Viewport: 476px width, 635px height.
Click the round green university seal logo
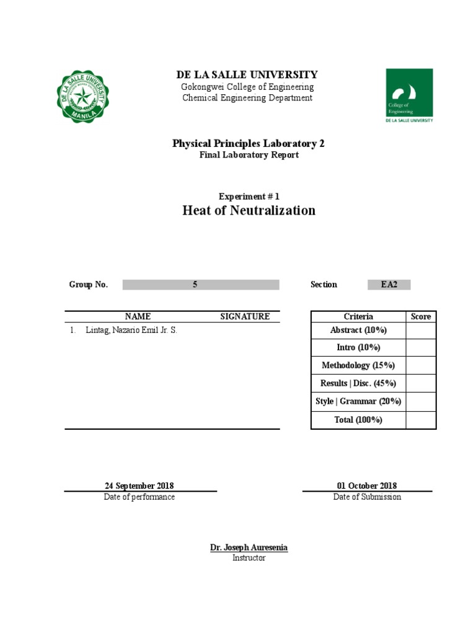point(84,96)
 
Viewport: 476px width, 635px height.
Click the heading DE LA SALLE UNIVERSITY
point(247,74)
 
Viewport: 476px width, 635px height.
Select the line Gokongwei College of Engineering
point(247,87)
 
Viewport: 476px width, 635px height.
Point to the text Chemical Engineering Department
point(247,98)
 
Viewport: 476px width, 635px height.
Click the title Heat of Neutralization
point(249,210)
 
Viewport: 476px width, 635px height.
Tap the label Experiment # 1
point(249,195)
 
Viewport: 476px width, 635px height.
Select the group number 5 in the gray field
point(195,285)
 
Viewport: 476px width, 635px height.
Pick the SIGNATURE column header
point(245,316)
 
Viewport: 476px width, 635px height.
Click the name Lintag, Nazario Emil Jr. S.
point(131,331)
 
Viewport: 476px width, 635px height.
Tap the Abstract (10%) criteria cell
point(358,331)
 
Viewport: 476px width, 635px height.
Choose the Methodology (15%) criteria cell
point(358,366)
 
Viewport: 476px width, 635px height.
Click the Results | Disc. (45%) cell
point(358,383)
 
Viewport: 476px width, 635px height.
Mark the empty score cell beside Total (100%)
point(421,420)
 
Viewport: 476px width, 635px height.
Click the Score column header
point(421,316)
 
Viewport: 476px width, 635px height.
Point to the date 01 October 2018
point(367,486)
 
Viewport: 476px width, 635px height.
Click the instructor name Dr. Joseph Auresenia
point(249,548)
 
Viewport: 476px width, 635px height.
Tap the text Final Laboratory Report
point(249,155)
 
